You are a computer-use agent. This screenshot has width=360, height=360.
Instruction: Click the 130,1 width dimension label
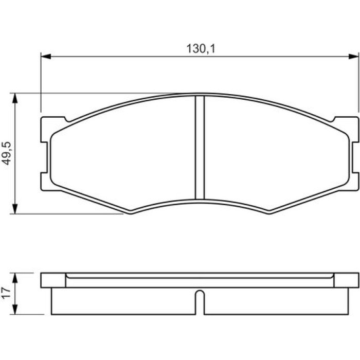coord(201,49)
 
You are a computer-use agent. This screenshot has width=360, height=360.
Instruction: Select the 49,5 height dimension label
coord(7,153)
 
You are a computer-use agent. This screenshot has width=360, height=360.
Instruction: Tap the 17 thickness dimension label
coord(6,293)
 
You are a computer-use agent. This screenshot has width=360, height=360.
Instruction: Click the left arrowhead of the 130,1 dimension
coord(46,56)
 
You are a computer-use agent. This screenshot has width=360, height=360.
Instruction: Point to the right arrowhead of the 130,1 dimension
coord(354,56)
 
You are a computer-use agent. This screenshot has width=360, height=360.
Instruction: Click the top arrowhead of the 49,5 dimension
coord(15,98)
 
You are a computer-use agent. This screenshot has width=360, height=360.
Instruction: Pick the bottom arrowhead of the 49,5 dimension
coord(15,209)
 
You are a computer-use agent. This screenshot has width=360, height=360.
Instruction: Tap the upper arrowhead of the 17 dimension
coord(15,278)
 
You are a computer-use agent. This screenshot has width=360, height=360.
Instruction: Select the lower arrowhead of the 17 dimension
coord(15,309)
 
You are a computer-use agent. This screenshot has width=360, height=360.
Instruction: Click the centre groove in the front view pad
coord(200,148)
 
